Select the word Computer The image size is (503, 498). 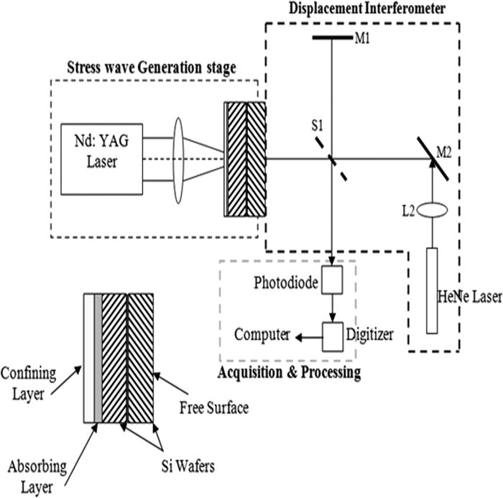[x=262, y=334]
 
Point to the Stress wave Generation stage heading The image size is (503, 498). [x=151, y=68]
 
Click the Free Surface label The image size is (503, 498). [x=214, y=408]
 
